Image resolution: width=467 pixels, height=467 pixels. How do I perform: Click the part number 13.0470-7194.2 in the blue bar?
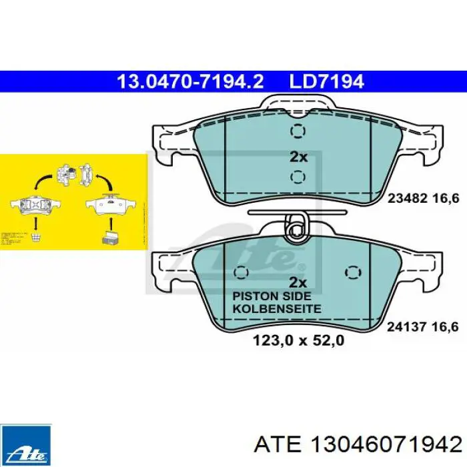(190, 82)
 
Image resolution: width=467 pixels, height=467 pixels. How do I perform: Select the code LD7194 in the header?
(326, 82)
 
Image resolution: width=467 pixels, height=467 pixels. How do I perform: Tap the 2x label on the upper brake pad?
(298, 157)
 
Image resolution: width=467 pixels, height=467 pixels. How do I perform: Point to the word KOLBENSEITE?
(276, 309)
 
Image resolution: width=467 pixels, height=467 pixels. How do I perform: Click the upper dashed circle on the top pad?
(298, 131)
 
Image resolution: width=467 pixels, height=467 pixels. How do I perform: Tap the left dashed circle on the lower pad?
(242, 273)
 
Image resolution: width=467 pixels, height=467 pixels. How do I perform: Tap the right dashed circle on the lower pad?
(352, 273)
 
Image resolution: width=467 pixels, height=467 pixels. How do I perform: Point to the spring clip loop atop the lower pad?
(298, 227)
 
